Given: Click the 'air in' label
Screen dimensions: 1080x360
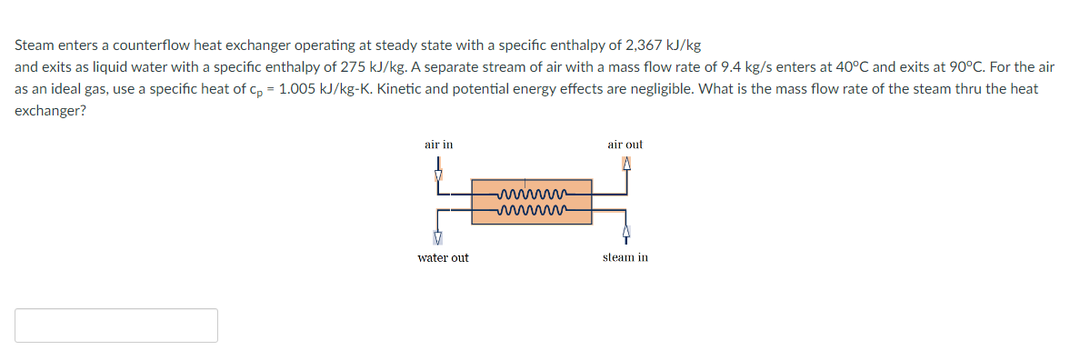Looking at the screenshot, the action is (438, 145).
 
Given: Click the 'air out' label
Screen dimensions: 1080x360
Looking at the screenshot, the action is (625, 145).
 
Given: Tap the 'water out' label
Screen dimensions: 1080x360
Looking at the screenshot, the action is (443, 258).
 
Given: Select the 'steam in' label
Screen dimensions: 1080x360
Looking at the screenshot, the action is (625, 258).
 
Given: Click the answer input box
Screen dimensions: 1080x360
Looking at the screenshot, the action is (116, 325).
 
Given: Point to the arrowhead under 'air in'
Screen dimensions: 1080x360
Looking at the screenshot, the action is (438, 175).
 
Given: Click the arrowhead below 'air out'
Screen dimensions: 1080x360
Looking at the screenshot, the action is (625, 165).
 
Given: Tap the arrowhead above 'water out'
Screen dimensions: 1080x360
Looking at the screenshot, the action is (438, 238).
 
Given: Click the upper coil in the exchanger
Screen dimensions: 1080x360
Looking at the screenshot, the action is (531, 194).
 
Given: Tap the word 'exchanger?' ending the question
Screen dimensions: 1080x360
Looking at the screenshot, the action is (51, 113).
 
